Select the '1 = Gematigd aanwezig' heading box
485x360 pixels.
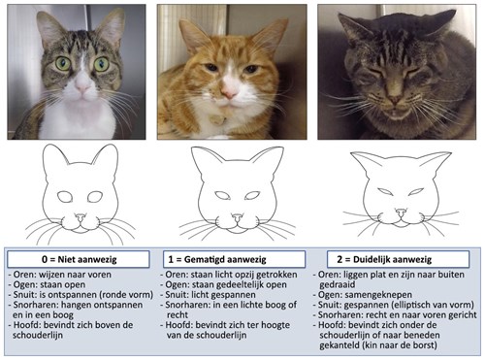point(241,260)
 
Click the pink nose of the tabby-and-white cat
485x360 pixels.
point(82,83)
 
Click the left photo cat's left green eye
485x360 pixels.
point(62,64)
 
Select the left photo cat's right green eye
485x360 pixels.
point(103,64)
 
